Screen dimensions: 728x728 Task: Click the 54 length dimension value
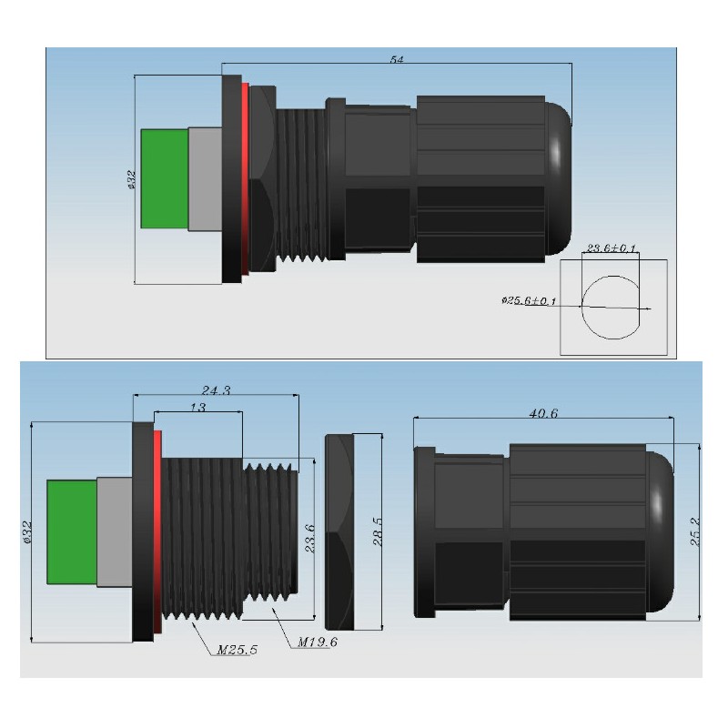pos(397,59)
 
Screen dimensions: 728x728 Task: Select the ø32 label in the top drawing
pos(132,181)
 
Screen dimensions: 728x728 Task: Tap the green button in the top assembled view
pos(165,178)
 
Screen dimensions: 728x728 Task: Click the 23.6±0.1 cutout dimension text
pos(611,248)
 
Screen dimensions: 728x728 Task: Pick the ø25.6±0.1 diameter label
pos(529,300)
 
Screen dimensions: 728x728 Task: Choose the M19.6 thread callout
pos(318,642)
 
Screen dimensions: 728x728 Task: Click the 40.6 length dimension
pos(542,413)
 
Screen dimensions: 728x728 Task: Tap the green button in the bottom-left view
pos(71,531)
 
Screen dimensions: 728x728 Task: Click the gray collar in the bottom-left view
pos(115,531)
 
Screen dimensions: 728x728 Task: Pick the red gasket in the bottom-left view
pos(157,531)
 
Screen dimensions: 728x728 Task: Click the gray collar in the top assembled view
pos(205,178)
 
